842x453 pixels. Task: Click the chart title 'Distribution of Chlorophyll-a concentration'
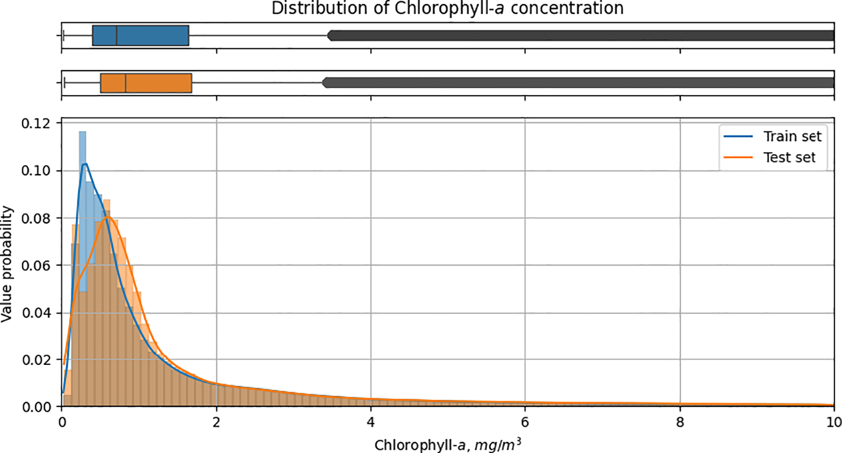pyautogui.click(x=447, y=8)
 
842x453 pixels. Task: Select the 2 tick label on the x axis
pyautogui.click(x=216, y=422)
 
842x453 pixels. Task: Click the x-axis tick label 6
pyautogui.click(x=525, y=422)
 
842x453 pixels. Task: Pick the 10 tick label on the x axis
pyautogui.click(x=833, y=422)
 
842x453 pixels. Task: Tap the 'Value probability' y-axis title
pyautogui.click(x=7, y=263)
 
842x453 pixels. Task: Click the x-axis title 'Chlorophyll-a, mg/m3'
pyautogui.click(x=447, y=445)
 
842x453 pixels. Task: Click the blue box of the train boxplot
pyautogui.click(x=153, y=36)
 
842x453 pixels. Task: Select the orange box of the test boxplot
pyautogui.click(x=158, y=83)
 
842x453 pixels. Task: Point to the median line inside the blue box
pyautogui.click(x=117, y=36)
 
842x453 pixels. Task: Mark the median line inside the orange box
pyautogui.click(x=126, y=83)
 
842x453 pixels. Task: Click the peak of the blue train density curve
pyautogui.click(x=85, y=164)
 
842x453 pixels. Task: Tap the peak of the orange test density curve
pyautogui.click(x=107, y=217)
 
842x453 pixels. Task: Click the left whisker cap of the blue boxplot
pyautogui.click(x=63, y=36)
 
